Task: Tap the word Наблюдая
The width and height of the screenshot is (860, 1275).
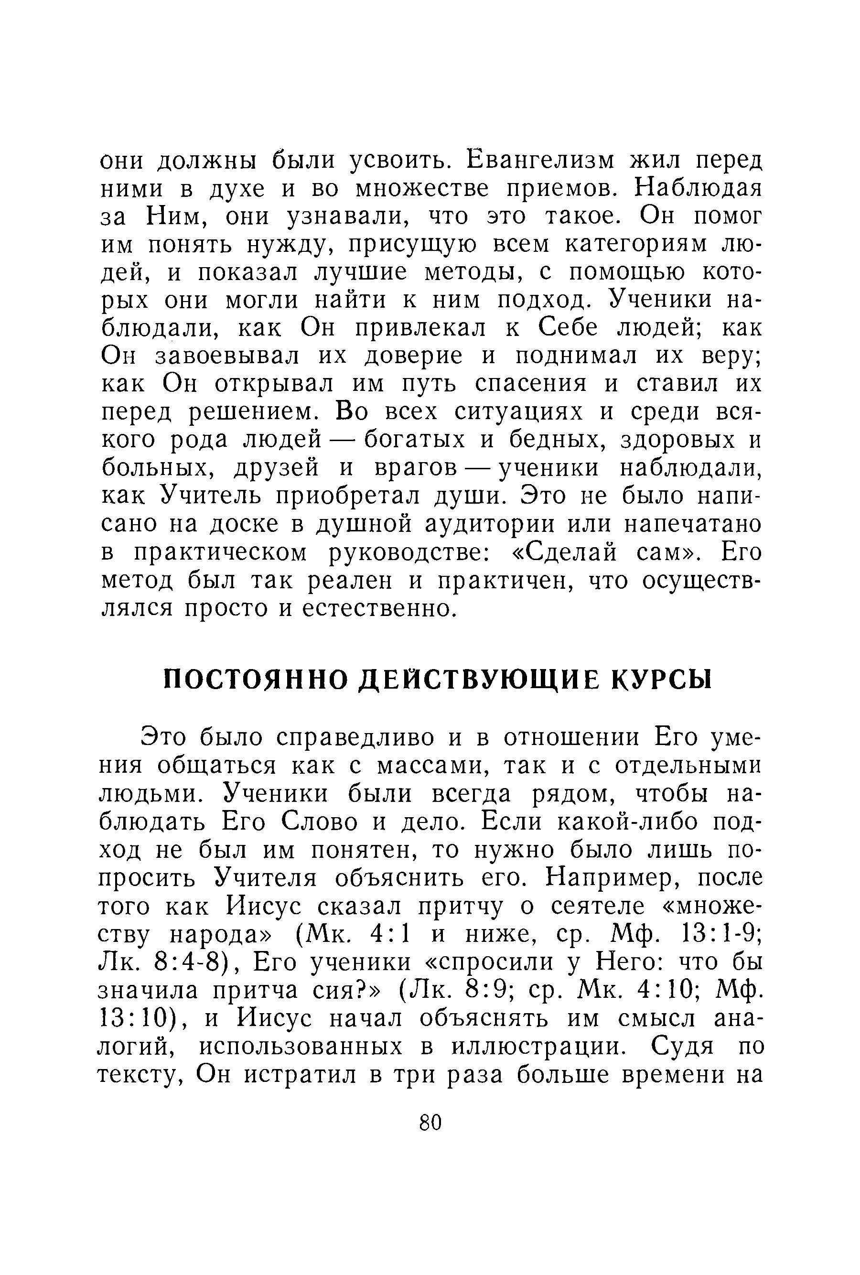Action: coord(698,188)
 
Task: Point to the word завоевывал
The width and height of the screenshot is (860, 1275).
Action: coord(227,357)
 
